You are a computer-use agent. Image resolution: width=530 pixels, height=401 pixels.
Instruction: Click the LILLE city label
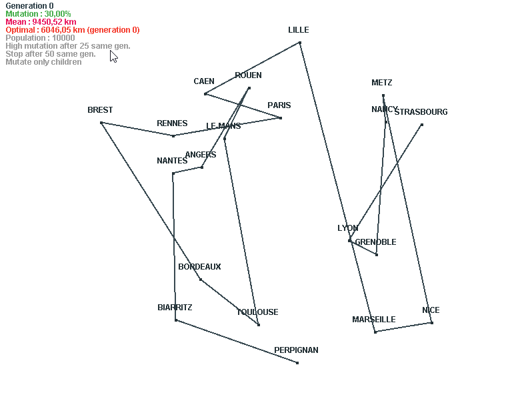point(299,30)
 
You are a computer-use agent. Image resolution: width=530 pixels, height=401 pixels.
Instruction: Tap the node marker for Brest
point(101,123)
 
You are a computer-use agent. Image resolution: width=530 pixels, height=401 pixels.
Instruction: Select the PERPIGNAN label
point(296,350)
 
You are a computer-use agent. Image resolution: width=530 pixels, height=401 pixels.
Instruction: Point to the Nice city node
point(432,323)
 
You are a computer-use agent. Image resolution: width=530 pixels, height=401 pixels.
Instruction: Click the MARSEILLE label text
point(374,320)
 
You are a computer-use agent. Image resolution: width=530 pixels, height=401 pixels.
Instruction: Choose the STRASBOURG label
point(421,112)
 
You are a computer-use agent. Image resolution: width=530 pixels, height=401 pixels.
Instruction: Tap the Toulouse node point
point(259,325)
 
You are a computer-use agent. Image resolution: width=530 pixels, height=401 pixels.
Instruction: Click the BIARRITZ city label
point(175,308)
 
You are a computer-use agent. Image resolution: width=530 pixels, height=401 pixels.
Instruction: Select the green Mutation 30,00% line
point(38,14)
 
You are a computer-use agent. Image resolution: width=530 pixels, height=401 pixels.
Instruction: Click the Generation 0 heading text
point(29,6)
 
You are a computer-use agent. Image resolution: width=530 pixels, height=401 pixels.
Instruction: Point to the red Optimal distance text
point(73,30)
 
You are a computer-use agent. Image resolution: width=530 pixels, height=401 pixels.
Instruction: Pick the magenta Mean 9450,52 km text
point(41,22)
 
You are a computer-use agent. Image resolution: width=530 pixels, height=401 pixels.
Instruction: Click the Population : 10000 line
point(40,38)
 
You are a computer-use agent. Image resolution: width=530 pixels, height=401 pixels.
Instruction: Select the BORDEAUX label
point(199,267)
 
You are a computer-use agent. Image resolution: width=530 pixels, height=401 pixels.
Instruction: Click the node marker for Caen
point(205,94)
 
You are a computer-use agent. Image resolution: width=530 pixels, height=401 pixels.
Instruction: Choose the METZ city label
point(382,83)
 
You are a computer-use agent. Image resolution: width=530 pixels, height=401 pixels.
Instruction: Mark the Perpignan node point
point(297,363)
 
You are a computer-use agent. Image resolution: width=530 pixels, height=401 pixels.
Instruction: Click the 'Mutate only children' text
point(43,62)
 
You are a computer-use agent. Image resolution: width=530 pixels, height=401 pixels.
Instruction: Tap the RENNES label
point(172,123)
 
